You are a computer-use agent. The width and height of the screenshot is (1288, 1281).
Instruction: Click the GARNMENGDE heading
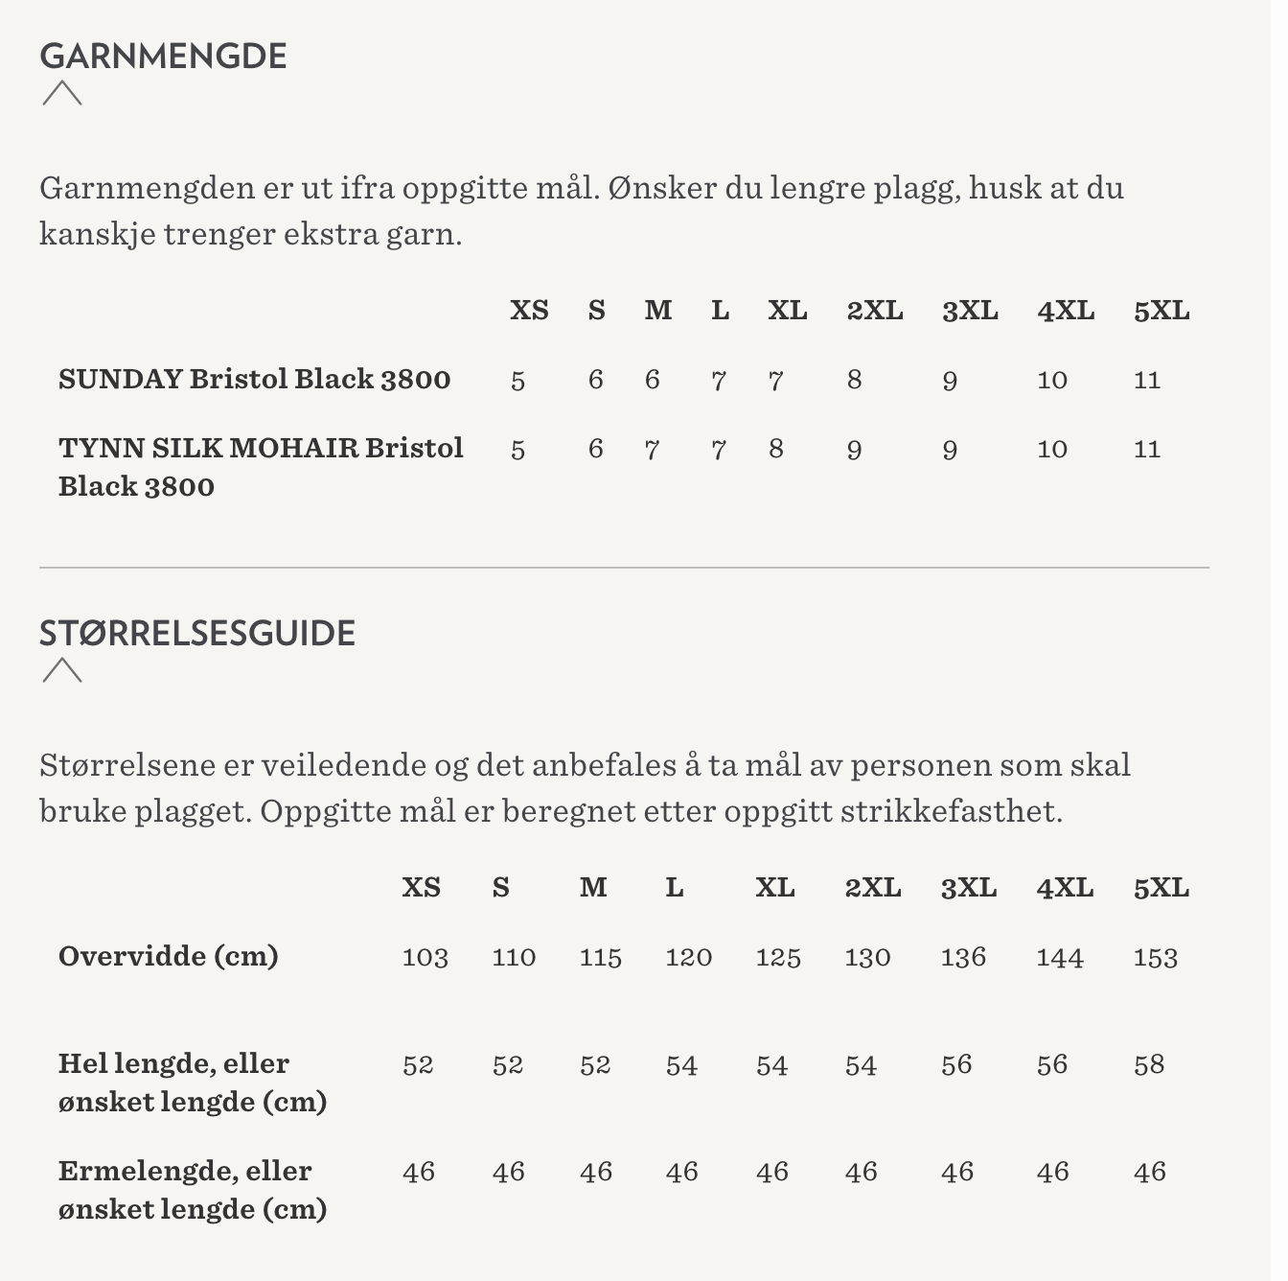pos(163,56)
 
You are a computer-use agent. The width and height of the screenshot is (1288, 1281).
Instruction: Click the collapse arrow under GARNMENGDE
pos(62,93)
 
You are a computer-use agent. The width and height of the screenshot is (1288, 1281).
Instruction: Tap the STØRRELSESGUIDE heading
pos(197,633)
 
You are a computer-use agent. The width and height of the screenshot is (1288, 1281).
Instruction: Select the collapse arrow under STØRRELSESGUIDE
pos(62,669)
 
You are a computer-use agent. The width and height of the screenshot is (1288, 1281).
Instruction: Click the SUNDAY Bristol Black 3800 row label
pos(254,379)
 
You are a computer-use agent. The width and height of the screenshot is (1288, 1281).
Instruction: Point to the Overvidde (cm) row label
pos(169,956)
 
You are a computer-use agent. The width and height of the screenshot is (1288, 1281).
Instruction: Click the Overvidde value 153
pos(1155,958)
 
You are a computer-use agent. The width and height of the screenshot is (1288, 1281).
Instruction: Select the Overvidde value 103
pos(425,958)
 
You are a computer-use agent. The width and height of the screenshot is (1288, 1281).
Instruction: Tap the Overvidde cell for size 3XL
pos(963,958)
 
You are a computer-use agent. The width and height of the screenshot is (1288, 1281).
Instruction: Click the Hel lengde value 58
pos(1148,1065)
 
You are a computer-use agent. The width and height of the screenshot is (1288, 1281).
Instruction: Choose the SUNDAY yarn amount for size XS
pos(517,381)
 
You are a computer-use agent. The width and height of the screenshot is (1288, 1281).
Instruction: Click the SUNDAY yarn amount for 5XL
pos(1146,381)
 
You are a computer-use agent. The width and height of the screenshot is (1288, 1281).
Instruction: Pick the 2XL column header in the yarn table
pos(874,311)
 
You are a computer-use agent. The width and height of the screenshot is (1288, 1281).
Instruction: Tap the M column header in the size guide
pos(593,888)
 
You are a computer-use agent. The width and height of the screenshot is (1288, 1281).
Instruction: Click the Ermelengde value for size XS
pos(418,1173)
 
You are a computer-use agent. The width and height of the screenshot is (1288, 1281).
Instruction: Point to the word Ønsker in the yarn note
pos(662,188)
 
